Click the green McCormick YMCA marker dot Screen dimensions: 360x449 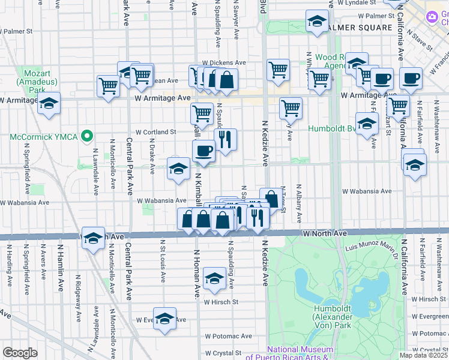coord(88,137)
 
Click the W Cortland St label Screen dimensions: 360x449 coord(155,132)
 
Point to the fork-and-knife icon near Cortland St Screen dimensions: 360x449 coord(226,140)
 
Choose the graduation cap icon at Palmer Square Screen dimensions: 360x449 coord(316,23)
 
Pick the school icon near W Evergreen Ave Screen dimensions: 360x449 coord(164,319)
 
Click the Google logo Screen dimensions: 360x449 coord(20,353)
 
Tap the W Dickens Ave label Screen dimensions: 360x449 coord(224,62)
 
